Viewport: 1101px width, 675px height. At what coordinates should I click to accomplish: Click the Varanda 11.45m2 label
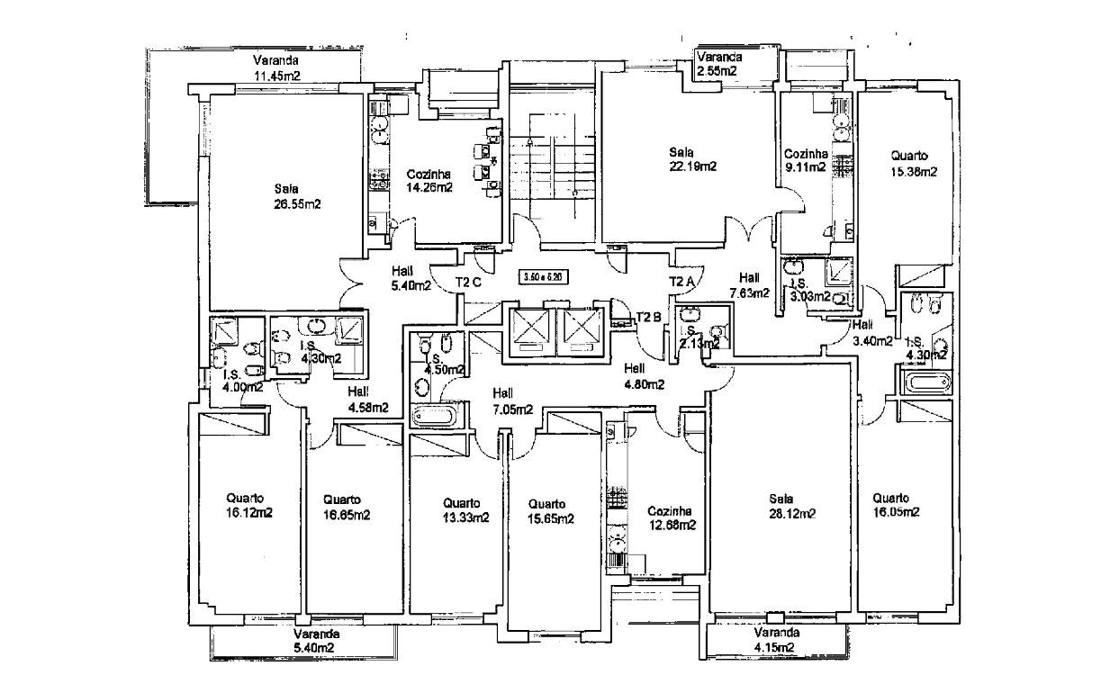pos(277,68)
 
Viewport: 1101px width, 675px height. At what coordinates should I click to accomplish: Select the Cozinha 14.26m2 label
pos(428,181)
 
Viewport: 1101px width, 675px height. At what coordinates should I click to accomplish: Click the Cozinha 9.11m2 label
pos(805,160)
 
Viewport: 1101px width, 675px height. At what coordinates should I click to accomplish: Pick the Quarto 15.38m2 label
pos(908,164)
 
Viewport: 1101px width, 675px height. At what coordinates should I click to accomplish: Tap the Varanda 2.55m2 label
pos(717,63)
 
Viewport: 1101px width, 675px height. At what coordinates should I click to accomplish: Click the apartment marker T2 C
pos(469,282)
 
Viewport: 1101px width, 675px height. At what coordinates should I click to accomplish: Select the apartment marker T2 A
pos(681,282)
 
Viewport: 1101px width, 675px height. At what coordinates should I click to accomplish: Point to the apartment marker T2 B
pos(649,317)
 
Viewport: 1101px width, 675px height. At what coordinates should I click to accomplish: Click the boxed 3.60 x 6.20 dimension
pos(545,279)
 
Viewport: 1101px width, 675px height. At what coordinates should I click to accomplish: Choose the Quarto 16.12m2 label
pos(249,506)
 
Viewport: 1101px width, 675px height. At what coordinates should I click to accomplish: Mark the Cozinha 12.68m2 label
pos(671,517)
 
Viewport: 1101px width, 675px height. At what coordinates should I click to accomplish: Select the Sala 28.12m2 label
pos(792,507)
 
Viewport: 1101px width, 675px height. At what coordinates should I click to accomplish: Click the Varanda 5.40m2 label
pos(312,640)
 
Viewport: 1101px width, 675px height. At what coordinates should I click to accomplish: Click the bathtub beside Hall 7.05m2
pos(437,416)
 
